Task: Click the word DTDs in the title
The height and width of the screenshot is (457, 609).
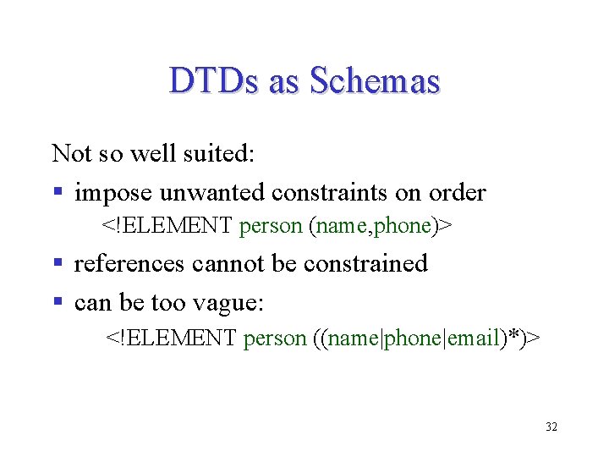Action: click(x=214, y=81)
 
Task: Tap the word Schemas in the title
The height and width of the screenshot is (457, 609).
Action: click(x=375, y=81)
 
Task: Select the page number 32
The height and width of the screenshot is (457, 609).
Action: click(x=551, y=427)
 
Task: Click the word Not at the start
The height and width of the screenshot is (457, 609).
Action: click(x=71, y=153)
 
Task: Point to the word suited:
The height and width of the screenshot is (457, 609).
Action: click(x=223, y=153)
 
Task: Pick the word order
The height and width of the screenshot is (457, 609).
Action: click(x=458, y=193)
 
